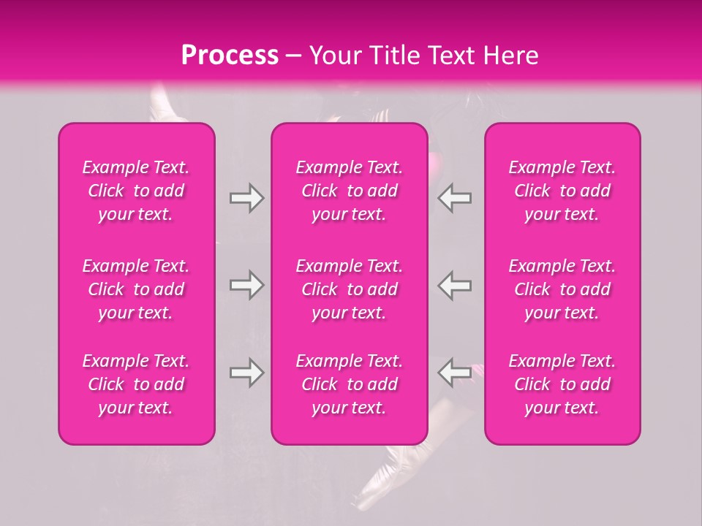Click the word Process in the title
point(230,56)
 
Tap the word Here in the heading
point(510,56)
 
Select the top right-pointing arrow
point(246,198)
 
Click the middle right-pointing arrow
point(246,285)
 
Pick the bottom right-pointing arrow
point(246,373)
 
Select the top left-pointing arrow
point(455,198)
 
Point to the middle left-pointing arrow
point(455,285)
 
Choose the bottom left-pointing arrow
point(455,373)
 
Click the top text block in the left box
point(136,191)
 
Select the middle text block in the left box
point(136,289)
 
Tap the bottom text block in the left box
point(136,384)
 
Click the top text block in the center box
point(350,191)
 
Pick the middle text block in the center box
point(350,289)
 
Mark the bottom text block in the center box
point(350,384)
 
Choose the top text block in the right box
point(562,191)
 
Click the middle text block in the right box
point(562,289)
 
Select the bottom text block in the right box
point(562,384)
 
